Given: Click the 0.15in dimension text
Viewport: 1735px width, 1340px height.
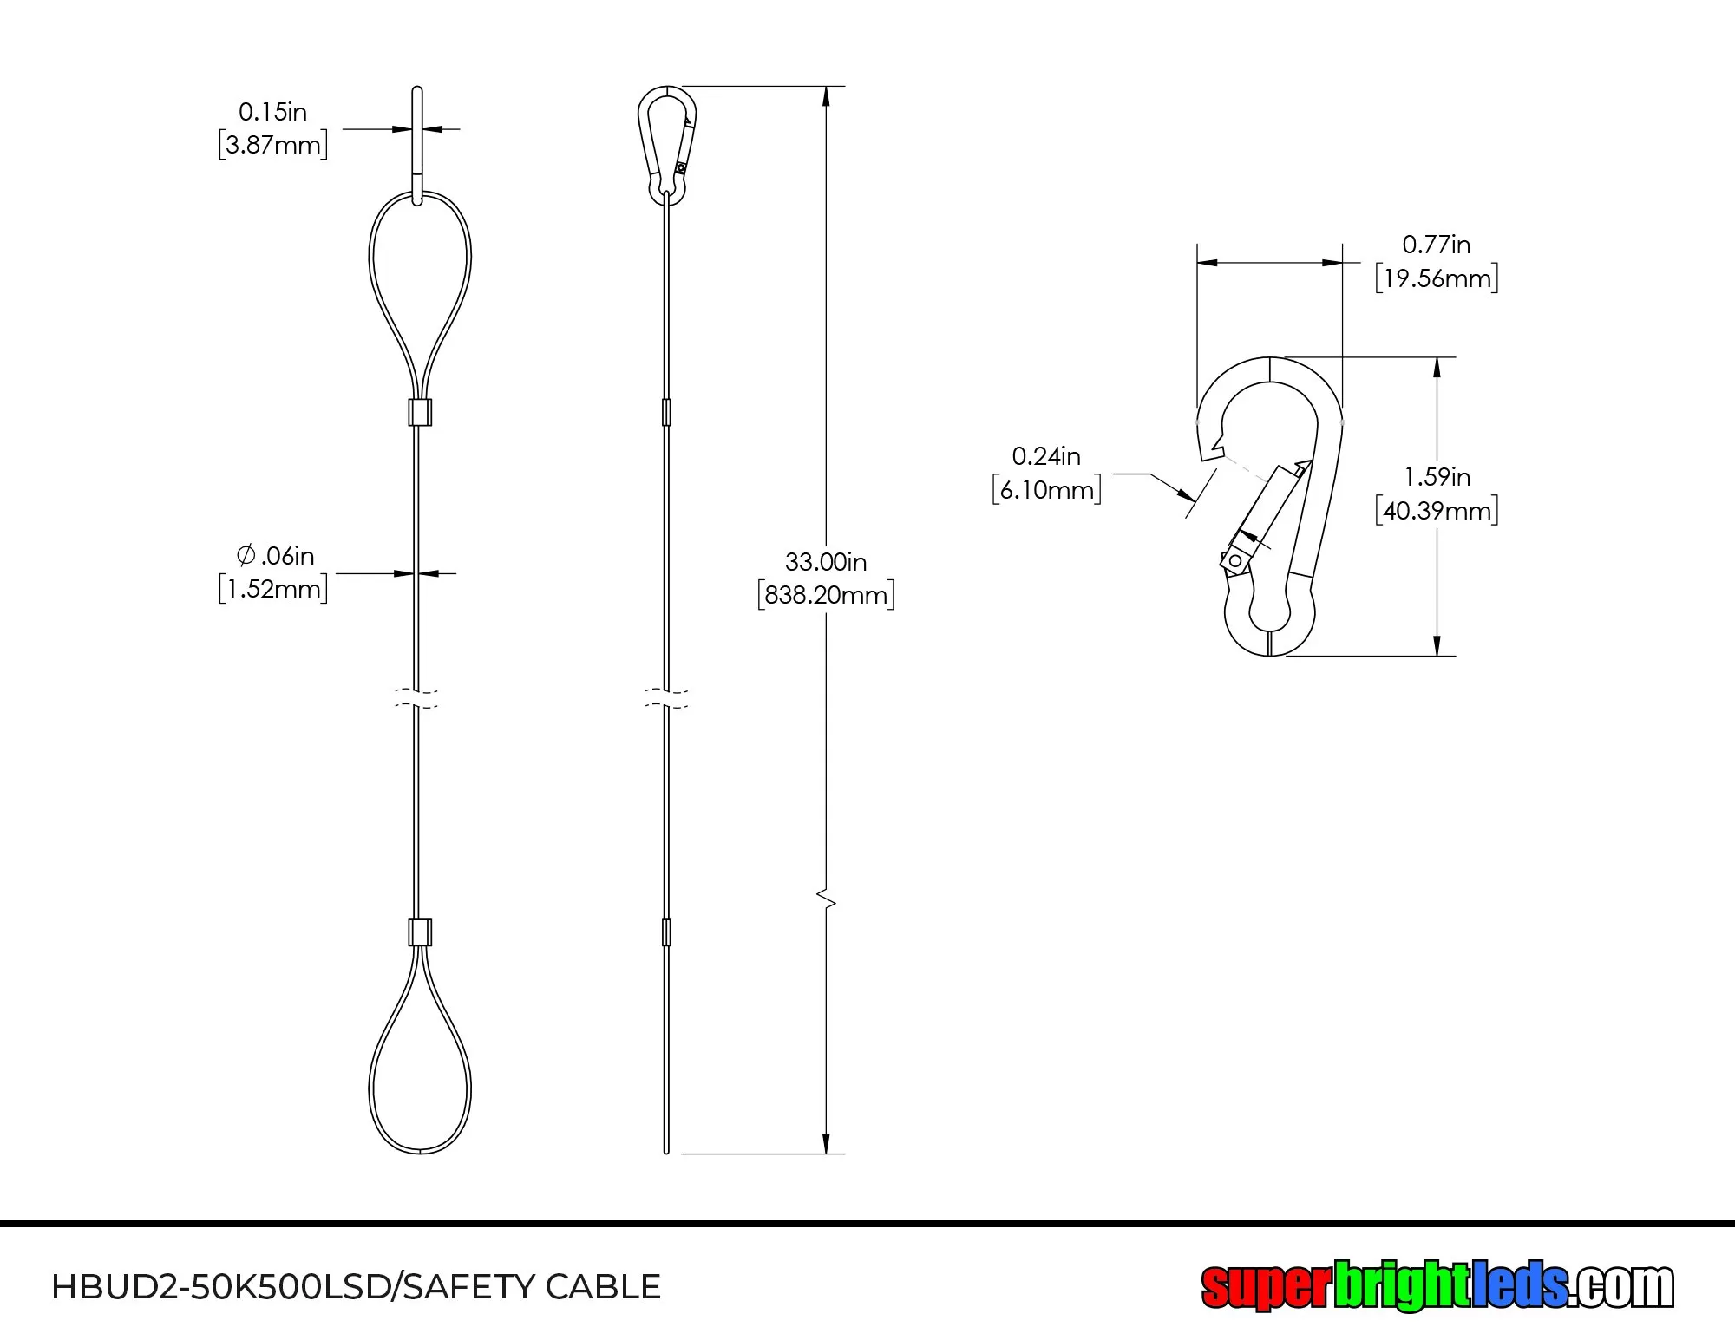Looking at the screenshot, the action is pyautogui.click(x=272, y=112).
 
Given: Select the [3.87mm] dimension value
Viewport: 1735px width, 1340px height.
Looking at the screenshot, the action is pyautogui.click(x=273, y=144).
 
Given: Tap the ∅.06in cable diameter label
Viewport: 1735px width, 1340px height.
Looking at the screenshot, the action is pyautogui.click(x=275, y=555).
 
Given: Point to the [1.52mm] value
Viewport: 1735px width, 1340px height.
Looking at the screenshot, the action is pyautogui.click(x=273, y=589).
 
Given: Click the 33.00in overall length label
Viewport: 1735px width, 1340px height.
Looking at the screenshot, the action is pyautogui.click(x=826, y=562).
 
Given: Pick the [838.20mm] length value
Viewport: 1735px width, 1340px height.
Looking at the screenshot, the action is pyautogui.click(x=826, y=595).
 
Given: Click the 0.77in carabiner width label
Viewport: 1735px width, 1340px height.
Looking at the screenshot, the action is pyautogui.click(x=1437, y=245).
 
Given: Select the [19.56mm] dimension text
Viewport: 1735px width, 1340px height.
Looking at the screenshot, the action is pyautogui.click(x=1437, y=278).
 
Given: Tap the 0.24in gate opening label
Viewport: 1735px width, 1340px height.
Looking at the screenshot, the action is pyautogui.click(x=1046, y=456).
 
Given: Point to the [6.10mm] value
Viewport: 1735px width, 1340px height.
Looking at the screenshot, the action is pyautogui.click(x=1047, y=490).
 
